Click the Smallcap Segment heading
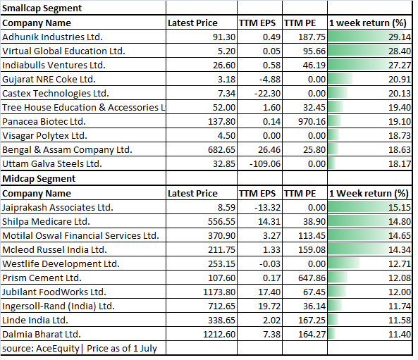42,8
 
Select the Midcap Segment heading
39,178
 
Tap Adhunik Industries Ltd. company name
53,37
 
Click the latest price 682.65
221,150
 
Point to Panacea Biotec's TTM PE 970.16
312,121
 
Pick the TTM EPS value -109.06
265,164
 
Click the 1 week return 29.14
400,37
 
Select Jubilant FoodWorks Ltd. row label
54,292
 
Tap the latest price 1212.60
219,335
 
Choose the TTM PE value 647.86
312,278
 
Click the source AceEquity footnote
80,349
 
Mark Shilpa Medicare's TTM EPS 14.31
269,222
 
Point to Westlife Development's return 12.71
400,263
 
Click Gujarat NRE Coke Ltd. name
49,79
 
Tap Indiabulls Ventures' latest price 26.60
224,65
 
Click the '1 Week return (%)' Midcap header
369,193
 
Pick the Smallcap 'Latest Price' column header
192,23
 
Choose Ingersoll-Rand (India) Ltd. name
59,306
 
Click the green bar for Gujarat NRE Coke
340,79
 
